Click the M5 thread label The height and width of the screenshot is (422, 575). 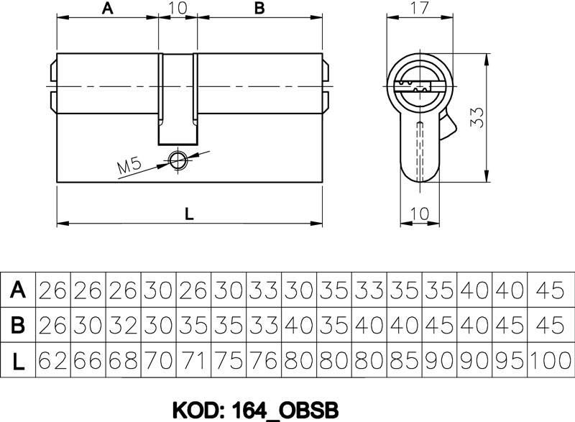(129, 166)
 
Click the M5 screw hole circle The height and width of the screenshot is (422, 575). (178, 160)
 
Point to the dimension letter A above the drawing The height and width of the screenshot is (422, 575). (107, 8)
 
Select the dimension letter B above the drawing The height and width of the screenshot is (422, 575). (259, 8)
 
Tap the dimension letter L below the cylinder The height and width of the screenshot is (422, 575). (189, 214)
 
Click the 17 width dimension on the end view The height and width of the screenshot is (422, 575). (419, 8)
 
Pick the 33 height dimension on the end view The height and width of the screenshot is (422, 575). (477, 117)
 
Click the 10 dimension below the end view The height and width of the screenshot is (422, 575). (419, 214)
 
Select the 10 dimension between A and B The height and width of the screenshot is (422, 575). (178, 8)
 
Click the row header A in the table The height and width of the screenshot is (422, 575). (18, 290)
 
